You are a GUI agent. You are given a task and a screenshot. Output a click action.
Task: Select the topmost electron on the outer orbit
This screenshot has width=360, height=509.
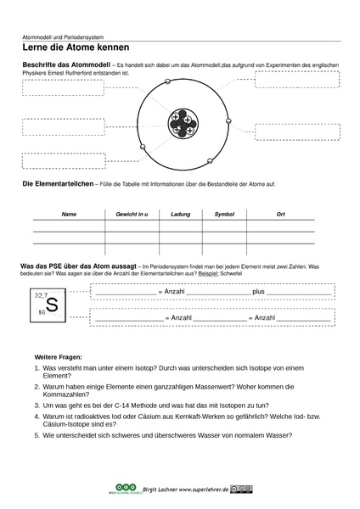click(168, 82)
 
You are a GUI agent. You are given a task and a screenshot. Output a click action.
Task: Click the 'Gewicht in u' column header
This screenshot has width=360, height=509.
click(129, 215)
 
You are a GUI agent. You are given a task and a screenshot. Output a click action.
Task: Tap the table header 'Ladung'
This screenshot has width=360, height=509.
click(179, 215)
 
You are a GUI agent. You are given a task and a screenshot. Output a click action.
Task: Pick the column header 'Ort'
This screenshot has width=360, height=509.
click(281, 215)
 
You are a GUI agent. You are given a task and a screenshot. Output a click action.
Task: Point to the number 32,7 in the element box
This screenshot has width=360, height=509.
click(40, 294)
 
